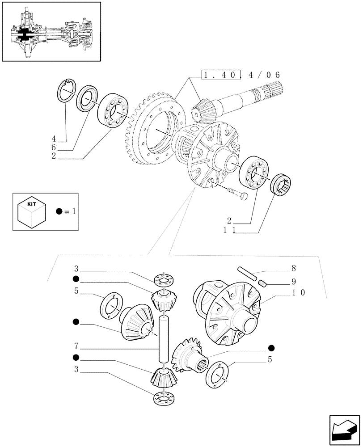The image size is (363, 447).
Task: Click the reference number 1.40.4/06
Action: tap(241, 76)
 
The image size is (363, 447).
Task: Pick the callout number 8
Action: tap(293, 269)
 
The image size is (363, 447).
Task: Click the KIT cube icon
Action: tap(31, 211)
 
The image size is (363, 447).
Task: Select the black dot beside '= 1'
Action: tap(59, 211)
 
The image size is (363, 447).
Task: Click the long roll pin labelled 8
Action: tap(246, 274)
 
